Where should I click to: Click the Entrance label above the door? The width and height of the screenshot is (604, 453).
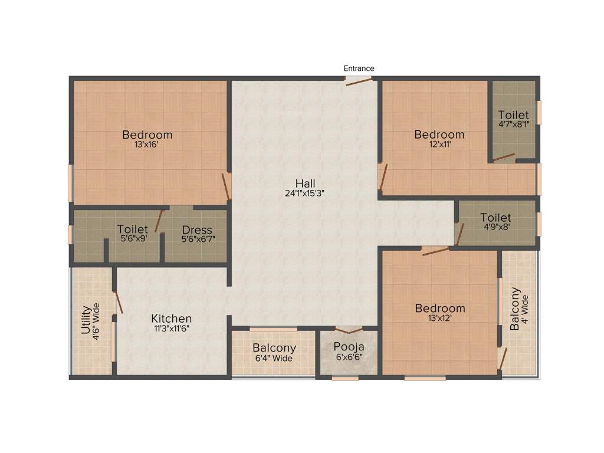coord(359,68)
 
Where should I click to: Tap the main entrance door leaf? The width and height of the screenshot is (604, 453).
coord(359,81)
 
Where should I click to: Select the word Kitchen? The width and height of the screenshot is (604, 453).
coord(171,319)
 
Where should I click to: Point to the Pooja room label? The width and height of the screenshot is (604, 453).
coord(349,347)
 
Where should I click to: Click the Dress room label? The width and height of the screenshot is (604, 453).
coord(197,230)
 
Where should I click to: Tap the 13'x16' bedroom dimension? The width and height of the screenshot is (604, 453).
coord(147,145)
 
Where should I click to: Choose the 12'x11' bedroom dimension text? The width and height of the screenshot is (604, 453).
coord(439,145)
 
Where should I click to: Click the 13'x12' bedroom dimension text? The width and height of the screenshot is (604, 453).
coord(440,319)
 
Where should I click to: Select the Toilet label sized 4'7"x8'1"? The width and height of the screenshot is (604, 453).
coord(513,115)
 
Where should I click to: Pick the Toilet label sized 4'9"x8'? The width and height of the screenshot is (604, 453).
coord(495,218)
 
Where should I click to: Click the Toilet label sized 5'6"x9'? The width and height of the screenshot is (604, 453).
coord(132,229)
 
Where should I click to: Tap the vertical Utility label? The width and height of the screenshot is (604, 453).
coord(86,319)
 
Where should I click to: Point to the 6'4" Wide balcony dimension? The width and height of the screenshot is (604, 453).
coord(274,358)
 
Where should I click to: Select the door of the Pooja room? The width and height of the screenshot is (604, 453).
coord(349,330)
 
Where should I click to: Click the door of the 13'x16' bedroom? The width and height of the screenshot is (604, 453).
coord(225,186)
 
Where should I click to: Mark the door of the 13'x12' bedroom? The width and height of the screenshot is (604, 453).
coord(435,251)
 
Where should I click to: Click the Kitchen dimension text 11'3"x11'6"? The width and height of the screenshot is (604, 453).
coord(171,329)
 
